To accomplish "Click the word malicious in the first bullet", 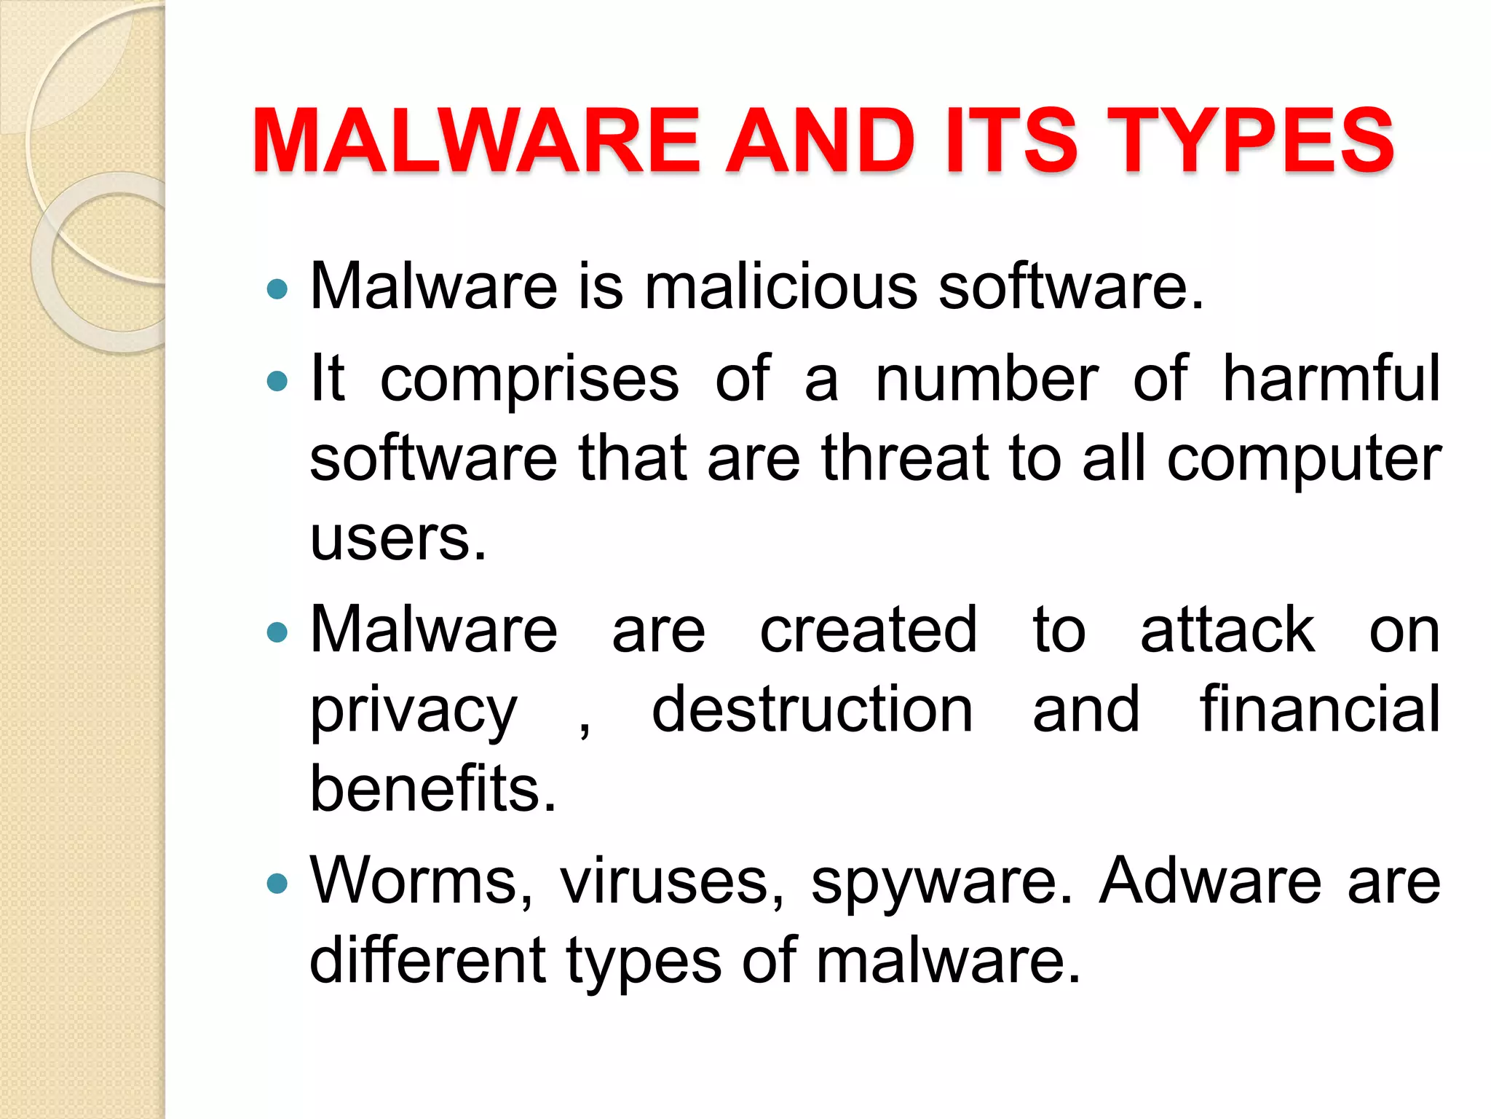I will (x=781, y=286).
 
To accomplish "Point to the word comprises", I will (x=529, y=380).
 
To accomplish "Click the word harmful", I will (x=1331, y=378).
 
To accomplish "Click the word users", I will (x=398, y=538).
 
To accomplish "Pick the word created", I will (x=868, y=629).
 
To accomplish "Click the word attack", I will (x=1227, y=629).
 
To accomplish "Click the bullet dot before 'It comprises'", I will (x=277, y=380).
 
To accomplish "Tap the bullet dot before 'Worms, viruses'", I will (x=277, y=884).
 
